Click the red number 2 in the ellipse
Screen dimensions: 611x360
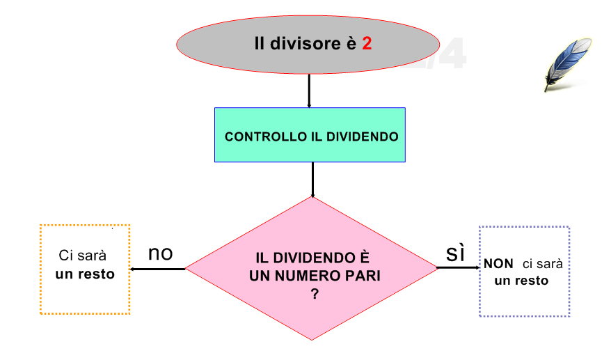tap(367, 43)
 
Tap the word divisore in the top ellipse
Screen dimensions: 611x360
tap(305, 43)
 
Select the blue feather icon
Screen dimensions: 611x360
tap(568, 64)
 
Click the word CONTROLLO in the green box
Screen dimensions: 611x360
tap(266, 137)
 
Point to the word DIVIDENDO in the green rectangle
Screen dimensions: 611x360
tap(363, 137)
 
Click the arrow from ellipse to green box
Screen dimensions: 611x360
tap(309, 91)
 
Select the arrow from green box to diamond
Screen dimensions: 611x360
tap(312, 180)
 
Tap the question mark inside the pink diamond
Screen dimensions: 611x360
tap(315, 294)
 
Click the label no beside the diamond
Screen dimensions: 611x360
tap(160, 253)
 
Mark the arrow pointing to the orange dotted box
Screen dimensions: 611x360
tap(157, 269)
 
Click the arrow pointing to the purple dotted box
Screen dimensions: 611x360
tap(458, 267)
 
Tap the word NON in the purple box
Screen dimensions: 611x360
tap(498, 264)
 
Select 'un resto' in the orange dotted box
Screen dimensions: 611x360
tap(85, 274)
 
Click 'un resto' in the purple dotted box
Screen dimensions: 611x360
tap(521, 281)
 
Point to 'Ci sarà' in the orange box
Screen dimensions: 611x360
tap(82, 256)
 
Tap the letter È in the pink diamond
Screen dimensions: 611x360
tap(363, 257)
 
